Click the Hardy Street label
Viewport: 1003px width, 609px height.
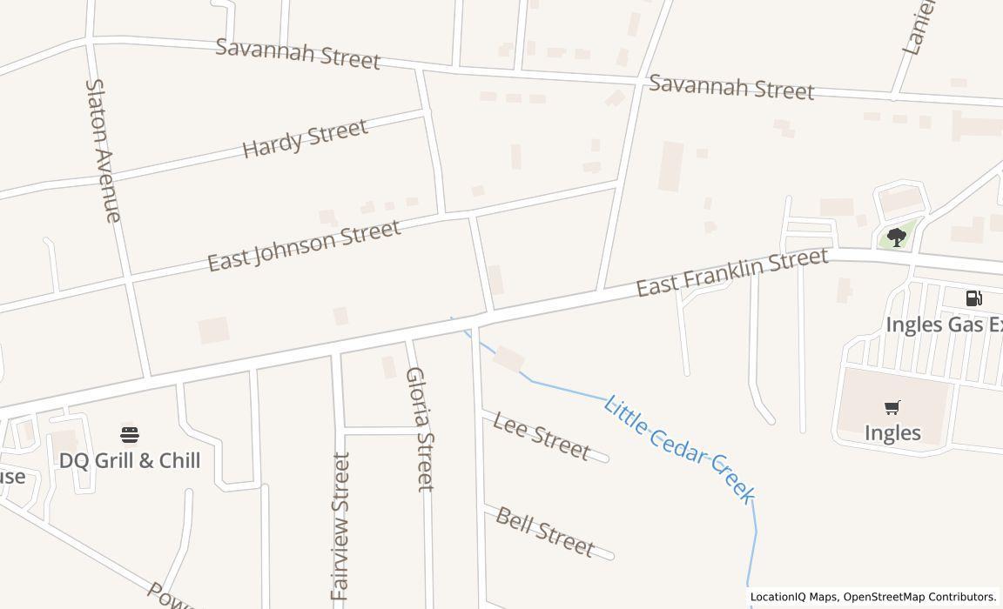click(x=305, y=138)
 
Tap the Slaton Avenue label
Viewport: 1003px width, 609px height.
click(x=102, y=151)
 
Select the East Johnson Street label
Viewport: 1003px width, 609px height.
click(x=304, y=244)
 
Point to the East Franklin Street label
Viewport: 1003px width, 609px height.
click(x=731, y=271)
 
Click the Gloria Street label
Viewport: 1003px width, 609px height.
click(x=419, y=428)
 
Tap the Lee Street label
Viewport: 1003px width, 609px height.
click(x=541, y=435)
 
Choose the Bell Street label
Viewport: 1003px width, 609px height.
click(x=544, y=531)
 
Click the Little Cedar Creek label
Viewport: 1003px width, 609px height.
click(x=678, y=449)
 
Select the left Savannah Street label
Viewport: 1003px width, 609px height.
click(x=298, y=53)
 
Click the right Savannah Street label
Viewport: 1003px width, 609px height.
click(x=731, y=87)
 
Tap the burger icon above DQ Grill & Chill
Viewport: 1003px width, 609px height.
click(x=130, y=434)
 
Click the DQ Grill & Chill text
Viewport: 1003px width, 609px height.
click(x=130, y=460)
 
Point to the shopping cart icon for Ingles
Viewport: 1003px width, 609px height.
click(x=892, y=407)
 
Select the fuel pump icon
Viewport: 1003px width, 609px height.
click(x=974, y=298)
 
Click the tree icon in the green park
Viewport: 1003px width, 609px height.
click(x=896, y=237)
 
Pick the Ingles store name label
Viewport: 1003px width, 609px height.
click(x=892, y=432)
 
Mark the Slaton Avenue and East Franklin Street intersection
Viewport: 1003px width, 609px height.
click(x=149, y=377)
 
